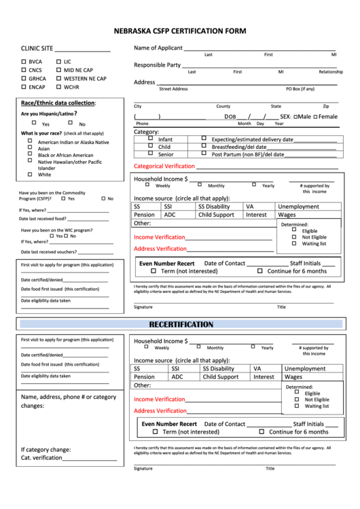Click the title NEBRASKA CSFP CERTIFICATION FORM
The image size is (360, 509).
pos(180,31)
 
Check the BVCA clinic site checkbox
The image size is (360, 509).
pos(24,62)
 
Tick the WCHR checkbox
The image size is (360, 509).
pos(58,87)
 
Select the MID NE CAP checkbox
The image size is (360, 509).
pos(58,70)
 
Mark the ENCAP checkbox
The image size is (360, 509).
pos(24,87)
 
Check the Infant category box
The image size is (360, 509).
pos(151,138)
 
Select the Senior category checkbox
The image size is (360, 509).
pos(151,154)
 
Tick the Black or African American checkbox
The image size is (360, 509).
pos(30,154)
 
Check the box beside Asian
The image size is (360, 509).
pos(30,147)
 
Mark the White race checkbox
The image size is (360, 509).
pos(30,174)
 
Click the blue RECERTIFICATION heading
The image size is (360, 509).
pos(181,324)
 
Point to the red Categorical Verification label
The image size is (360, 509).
pos(164,166)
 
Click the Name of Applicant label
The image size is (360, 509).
pos(158,48)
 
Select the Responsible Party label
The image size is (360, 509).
pos(157,65)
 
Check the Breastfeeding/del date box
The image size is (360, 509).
pos(204,146)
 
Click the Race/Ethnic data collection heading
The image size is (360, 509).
pos(58,103)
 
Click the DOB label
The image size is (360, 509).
pos(230,117)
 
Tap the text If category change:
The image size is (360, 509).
pos(46,449)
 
